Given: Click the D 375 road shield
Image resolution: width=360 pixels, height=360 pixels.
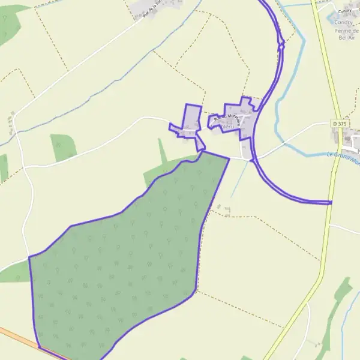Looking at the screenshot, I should pyautogui.click(x=340, y=124).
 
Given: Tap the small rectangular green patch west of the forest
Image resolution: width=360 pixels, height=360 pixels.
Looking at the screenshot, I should pyautogui.click(x=63, y=148).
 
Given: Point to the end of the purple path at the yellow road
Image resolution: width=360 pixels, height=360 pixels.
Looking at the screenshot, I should pyautogui.click(x=330, y=202).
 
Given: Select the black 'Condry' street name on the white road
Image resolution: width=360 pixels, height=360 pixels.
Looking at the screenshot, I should pyautogui.click(x=344, y=11).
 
